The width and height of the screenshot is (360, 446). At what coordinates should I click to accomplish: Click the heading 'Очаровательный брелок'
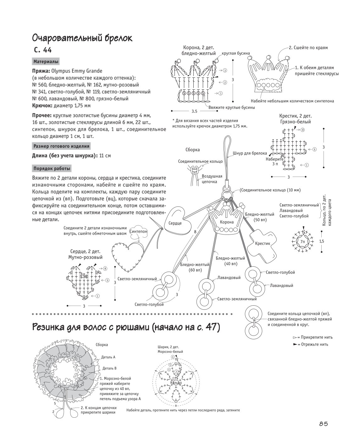[x=82, y=38]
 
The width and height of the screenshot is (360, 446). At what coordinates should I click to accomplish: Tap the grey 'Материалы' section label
[x=46, y=62]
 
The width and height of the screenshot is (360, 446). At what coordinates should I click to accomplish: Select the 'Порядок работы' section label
[x=52, y=169]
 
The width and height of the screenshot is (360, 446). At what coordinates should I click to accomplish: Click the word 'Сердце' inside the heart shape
[x=175, y=223]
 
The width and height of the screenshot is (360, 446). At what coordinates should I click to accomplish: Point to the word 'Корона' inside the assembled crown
[x=227, y=222]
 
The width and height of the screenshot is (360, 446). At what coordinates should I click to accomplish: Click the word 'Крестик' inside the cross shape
[x=263, y=243]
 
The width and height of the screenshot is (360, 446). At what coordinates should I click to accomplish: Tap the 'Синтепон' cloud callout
[x=138, y=231]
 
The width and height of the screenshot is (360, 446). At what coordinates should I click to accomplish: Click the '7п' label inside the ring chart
[x=302, y=241]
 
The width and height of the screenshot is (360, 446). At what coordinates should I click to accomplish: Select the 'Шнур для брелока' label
[x=250, y=153]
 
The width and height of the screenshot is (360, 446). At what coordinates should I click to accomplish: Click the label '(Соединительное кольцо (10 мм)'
[x=270, y=190]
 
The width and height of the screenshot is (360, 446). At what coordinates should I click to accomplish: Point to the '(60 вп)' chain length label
[x=195, y=270]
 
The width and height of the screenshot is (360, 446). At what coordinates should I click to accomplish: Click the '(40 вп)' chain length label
[x=230, y=264]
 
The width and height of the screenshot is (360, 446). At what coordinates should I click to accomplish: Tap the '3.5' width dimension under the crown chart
[x=194, y=111]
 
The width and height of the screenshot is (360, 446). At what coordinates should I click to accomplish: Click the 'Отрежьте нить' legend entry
[x=311, y=344]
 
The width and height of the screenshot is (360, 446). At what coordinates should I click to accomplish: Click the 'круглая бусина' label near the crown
[x=236, y=53]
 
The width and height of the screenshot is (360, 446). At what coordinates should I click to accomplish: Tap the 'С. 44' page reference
[x=43, y=50]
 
